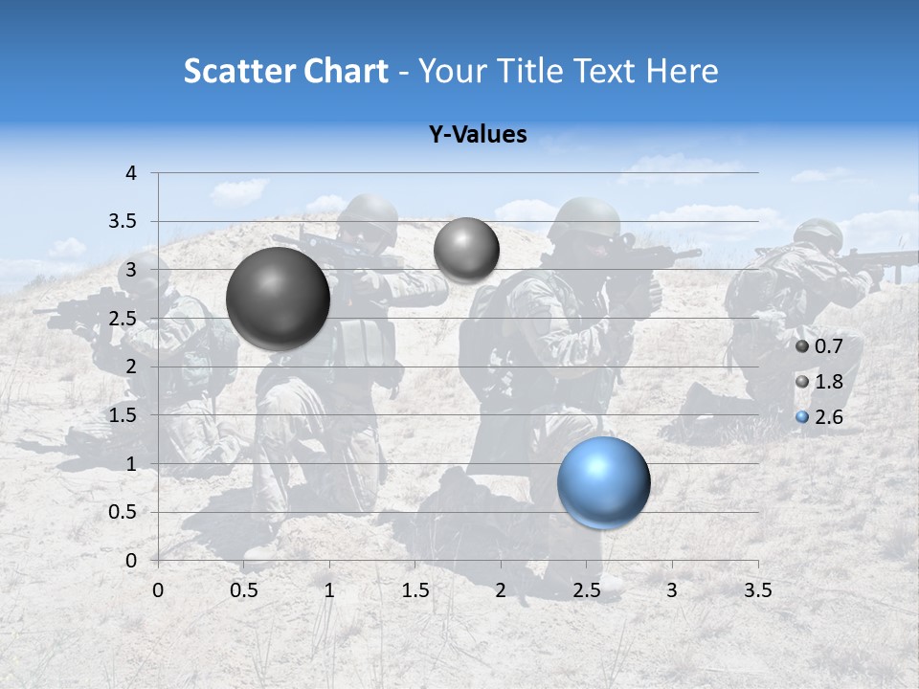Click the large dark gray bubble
click(278, 299)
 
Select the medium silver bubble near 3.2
click(466, 250)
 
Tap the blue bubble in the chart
click(603, 482)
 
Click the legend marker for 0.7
click(802, 346)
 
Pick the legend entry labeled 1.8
click(828, 382)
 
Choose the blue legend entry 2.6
click(828, 417)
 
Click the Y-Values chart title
click(477, 135)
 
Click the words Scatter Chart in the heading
click(285, 71)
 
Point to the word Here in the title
click(682, 71)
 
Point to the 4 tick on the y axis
click(132, 173)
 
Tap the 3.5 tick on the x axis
click(757, 590)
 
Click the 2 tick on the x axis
click(501, 590)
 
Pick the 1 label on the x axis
click(329, 590)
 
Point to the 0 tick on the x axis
click(158, 590)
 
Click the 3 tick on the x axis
click(672, 590)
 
